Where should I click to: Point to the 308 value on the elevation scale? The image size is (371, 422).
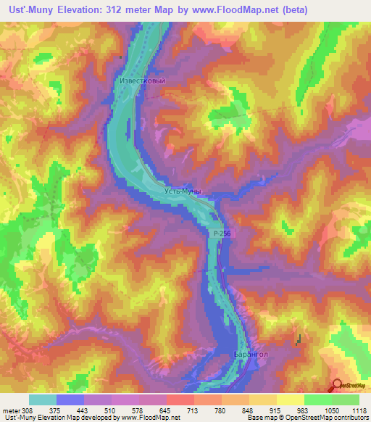[x=28, y=410]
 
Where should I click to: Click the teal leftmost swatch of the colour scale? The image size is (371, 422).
[x=42, y=400]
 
